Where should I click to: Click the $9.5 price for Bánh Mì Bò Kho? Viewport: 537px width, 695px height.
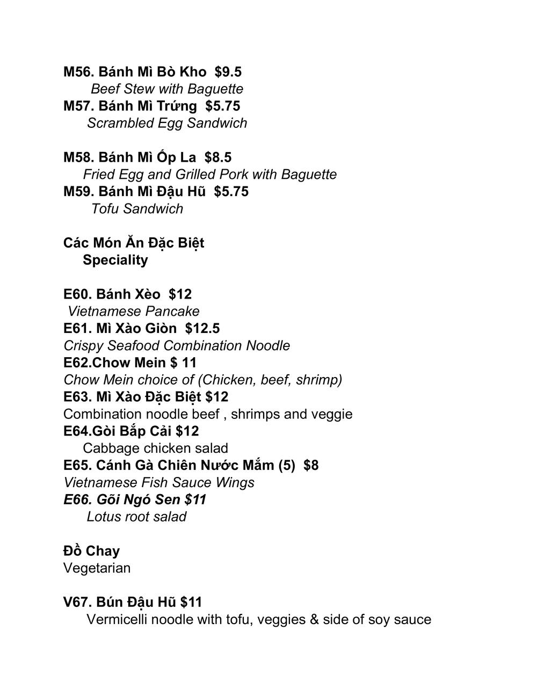[228, 72]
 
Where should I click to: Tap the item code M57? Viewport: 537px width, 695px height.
[79, 106]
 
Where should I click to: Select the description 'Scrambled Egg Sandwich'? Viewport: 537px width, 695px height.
[167, 123]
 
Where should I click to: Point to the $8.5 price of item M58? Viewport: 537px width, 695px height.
[218, 157]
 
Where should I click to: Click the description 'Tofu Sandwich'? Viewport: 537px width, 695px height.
[137, 209]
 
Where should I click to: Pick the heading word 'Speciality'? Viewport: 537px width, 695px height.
[115, 260]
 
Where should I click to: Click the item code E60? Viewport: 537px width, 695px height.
[78, 294]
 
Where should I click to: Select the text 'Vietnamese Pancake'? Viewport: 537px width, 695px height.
[133, 312]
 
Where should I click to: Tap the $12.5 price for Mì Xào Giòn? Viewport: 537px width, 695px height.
[202, 329]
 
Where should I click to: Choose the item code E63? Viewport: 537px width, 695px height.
[78, 397]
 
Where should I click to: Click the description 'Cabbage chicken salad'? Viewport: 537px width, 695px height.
[155, 448]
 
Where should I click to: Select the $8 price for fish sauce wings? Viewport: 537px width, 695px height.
[311, 465]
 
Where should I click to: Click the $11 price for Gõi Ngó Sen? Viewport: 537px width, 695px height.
[195, 499]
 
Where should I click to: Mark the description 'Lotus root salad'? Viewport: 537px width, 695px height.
[136, 517]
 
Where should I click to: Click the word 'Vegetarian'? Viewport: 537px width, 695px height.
[97, 568]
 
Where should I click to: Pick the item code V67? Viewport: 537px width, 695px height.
[78, 602]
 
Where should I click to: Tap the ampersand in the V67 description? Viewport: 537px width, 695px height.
[314, 620]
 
